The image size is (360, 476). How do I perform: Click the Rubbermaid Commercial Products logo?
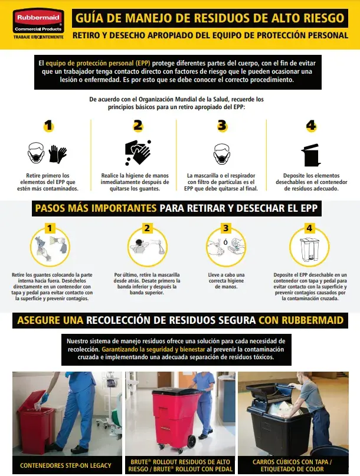[38, 24]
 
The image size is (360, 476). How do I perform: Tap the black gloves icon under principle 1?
[57, 154]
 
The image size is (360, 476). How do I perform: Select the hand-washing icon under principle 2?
[138, 152]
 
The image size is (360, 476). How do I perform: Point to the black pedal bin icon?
[311, 155]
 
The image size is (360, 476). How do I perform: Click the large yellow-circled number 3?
[222, 126]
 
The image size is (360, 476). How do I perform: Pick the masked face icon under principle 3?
[222, 154]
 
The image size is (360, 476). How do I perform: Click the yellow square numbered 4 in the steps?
[309, 228]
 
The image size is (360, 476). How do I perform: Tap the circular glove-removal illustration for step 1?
[50, 247]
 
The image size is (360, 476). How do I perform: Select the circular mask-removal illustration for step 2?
[147, 247]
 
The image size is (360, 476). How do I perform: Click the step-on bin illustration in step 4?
[310, 249]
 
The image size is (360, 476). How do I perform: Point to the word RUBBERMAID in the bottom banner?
[312, 320]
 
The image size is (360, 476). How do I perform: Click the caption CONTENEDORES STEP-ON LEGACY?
[66, 465]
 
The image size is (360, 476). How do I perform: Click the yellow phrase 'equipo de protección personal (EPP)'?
[98, 64]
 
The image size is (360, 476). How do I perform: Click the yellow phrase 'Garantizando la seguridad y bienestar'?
[153, 349]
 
